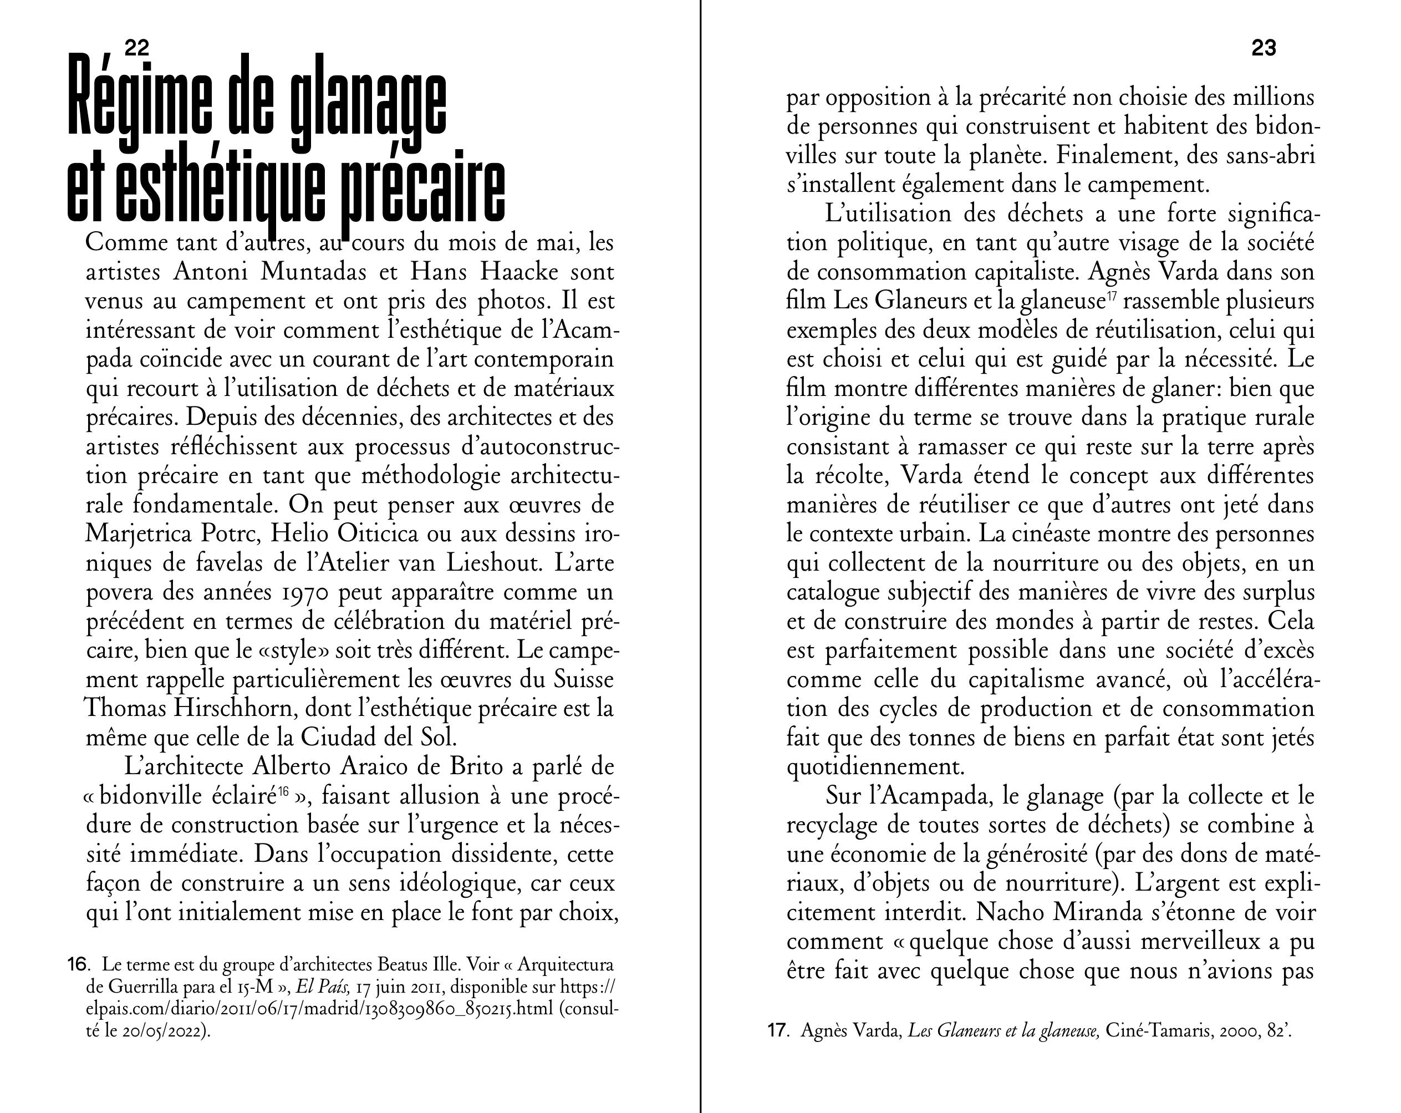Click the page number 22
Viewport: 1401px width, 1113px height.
point(137,48)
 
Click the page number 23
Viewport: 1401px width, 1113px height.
point(1264,48)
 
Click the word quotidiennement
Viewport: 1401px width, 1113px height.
point(875,767)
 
